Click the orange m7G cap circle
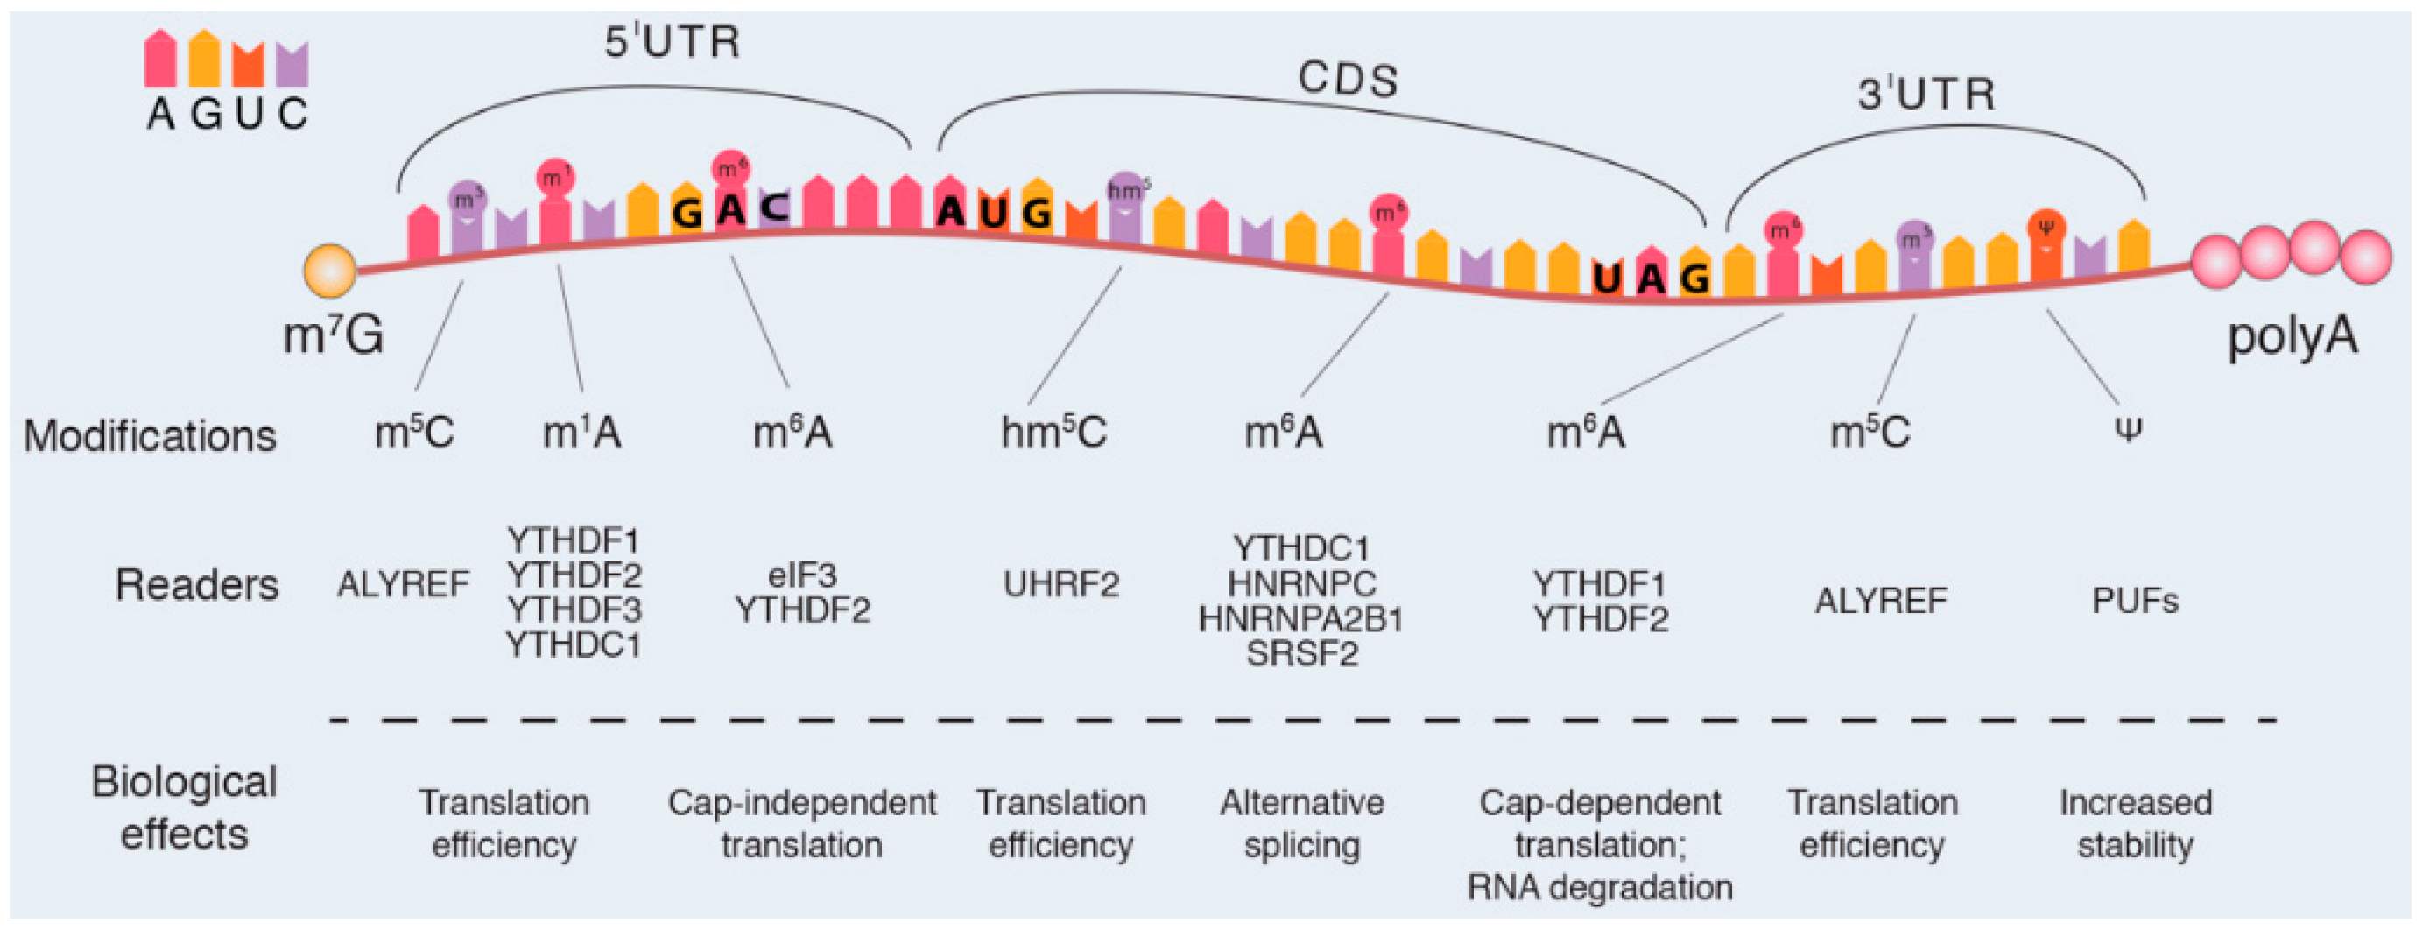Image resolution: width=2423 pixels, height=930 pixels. tap(329, 270)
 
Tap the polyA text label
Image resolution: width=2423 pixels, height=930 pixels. tap(2292, 335)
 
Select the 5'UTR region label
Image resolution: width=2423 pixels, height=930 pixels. tap(672, 42)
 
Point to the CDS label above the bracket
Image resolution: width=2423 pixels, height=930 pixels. tap(1347, 80)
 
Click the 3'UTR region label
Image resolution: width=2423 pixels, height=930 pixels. tap(1926, 95)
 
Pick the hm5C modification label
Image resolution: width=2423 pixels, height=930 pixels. tap(1053, 433)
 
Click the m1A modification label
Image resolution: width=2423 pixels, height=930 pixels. tap(581, 433)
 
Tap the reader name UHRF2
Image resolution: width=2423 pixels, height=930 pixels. tap(1061, 585)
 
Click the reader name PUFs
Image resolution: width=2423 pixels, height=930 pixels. tap(2134, 601)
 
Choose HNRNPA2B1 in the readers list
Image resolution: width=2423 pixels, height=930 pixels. tap(1301, 620)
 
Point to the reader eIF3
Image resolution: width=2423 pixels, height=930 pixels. tap(801, 574)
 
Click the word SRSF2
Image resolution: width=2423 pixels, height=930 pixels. tap(1302, 653)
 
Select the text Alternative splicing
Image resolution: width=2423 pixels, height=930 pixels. tap(1302, 824)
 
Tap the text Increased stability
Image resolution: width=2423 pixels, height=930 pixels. tap(2135, 824)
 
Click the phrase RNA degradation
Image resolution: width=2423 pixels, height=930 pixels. tap(1599, 887)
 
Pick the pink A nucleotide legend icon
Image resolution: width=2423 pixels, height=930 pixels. tap(160, 60)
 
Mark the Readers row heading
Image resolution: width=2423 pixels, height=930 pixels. tap(196, 585)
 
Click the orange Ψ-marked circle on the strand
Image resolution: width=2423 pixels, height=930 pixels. tap(2046, 227)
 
